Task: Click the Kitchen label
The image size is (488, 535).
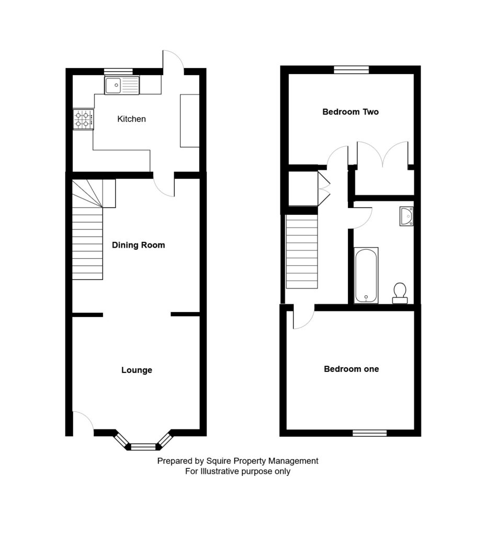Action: [131, 119]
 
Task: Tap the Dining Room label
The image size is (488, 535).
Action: [138, 245]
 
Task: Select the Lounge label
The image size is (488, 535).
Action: [137, 370]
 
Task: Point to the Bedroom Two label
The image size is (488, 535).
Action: [350, 112]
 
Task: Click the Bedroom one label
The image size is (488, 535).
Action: [351, 369]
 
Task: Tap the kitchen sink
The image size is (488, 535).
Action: [122, 85]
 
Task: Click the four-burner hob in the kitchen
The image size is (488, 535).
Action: [83, 119]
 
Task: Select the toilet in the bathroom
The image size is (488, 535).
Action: [400, 293]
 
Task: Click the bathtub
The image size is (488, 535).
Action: [366, 276]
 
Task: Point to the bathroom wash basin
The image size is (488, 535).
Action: [407, 216]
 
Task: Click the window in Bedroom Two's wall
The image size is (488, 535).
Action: [351, 70]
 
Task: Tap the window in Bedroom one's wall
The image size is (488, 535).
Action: [369, 433]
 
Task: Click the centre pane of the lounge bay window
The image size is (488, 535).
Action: [143, 447]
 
